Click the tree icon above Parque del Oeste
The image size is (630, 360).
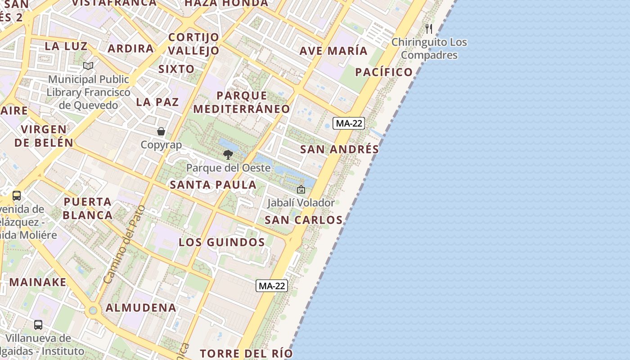[228, 155]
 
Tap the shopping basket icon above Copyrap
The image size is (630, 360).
[161, 131]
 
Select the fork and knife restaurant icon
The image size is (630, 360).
[429, 29]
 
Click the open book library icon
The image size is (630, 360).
[88, 66]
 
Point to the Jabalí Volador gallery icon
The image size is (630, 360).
[301, 190]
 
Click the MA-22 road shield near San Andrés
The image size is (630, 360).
[349, 123]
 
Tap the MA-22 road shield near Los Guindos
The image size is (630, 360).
[272, 286]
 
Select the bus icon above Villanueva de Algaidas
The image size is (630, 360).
[38, 324]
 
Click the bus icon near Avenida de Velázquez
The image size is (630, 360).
[17, 196]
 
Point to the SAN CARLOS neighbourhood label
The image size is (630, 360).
[304, 220]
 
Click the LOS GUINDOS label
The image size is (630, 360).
[222, 242]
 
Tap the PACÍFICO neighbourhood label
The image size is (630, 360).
[384, 72]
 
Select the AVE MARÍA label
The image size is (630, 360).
[334, 51]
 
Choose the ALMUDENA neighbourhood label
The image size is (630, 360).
[141, 308]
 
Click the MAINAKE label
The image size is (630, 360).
[38, 282]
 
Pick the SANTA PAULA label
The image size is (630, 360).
[213, 184]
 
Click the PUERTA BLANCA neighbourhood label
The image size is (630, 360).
[88, 208]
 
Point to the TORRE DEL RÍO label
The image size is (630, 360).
[246, 353]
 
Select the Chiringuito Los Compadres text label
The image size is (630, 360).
[429, 49]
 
